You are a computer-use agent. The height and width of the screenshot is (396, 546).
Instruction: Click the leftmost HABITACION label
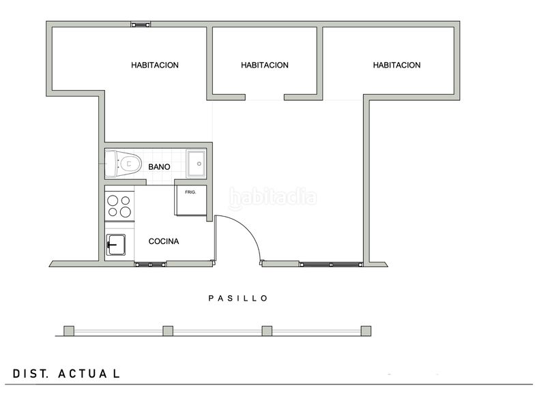click(x=155, y=65)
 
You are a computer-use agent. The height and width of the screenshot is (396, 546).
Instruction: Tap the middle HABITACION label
click(x=265, y=65)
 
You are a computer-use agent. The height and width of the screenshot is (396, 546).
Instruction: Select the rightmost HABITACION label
click(x=397, y=65)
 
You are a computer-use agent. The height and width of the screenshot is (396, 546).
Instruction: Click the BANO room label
click(x=159, y=167)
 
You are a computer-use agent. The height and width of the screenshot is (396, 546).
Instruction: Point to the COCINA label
click(x=164, y=241)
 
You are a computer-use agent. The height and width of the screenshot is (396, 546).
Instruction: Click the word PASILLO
click(x=238, y=298)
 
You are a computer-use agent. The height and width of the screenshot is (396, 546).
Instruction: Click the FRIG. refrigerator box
click(x=190, y=198)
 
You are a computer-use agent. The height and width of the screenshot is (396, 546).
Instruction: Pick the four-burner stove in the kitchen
click(x=119, y=206)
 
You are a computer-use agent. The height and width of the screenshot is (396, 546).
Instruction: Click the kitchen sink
click(x=115, y=243)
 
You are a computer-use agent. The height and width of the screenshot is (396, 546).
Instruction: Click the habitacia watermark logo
click(x=273, y=198)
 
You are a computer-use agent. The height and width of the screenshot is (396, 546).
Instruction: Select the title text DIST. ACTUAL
click(x=67, y=374)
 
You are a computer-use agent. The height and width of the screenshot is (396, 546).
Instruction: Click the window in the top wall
click(x=141, y=25)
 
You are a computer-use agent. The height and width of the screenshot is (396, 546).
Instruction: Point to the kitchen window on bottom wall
click(x=151, y=264)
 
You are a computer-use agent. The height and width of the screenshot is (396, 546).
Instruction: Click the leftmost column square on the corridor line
click(x=69, y=331)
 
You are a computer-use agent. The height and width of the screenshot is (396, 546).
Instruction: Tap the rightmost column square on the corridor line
click(x=367, y=331)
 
